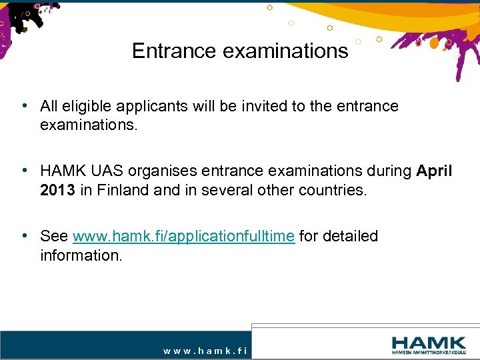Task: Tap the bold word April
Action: (434, 171)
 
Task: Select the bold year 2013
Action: (57, 190)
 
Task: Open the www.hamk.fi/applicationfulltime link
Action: (183, 236)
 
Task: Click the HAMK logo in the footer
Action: (429, 345)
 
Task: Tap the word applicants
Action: (146, 106)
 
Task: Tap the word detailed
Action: (349, 236)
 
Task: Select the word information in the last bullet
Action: (81, 255)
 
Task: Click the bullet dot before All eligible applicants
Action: (24, 106)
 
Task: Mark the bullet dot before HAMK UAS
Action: (24, 171)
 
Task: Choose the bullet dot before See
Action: (24, 236)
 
